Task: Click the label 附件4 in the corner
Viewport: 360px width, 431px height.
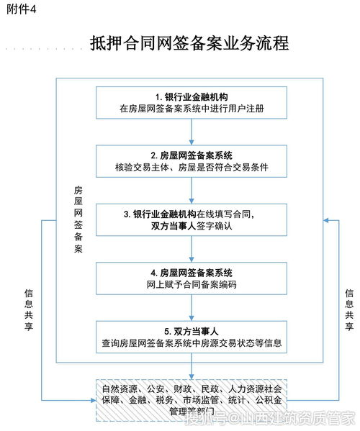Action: pyautogui.click(x=22, y=9)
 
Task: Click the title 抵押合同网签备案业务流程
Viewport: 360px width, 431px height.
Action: pyautogui.click(x=189, y=43)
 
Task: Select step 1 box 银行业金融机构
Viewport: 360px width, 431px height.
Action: pyautogui.click(x=192, y=103)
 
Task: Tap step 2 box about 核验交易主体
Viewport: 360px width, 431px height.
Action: pyautogui.click(x=192, y=161)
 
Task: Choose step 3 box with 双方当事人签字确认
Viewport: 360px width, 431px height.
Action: pyautogui.click(x=192, y=220)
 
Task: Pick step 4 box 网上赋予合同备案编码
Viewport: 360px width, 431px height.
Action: pyautogui.click(x=192, y=278)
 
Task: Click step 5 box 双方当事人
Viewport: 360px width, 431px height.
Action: pyautogui.click(x=192, y=337)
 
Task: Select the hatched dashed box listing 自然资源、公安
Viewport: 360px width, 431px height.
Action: pyautogui.click(x=192, y=400)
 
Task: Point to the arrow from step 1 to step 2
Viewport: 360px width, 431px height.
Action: pyautogui.click(x=192, y=132)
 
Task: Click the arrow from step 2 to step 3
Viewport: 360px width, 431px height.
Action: pyautogui.click(x=192, y=191)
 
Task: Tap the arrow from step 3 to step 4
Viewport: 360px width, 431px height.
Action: pyautogui.click(x=192, y=249)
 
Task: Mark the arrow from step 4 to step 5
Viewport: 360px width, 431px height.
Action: pyautogui.click(x=192, y=307)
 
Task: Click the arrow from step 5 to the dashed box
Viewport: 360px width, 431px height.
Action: pyautogui.click(x=192, y=366)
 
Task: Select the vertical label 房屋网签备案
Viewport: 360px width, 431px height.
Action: pyautogui.click(x=78, y=219)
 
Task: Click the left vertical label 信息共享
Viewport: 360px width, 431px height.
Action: pyautogui.click(x=29, y=309)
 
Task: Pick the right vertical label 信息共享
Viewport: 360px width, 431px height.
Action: pyautogui.click(x=349, y=309)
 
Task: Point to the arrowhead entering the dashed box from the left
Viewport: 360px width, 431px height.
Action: pyautogui.click(x=94, y=400)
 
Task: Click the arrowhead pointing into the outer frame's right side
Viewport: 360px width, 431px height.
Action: pyautogui.click(x=326, y=220)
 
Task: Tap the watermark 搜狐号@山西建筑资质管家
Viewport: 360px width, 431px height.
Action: pyautogui.click(x=270, y=418)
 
